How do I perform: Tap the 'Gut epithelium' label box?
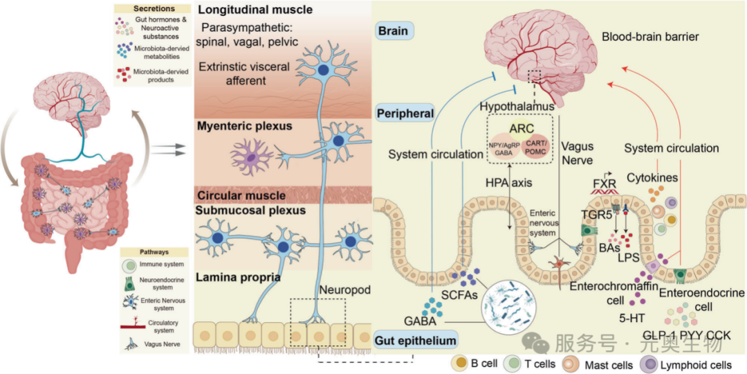416,340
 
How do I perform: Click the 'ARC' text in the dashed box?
519,130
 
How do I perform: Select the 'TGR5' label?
596,214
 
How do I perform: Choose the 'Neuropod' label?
340,287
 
